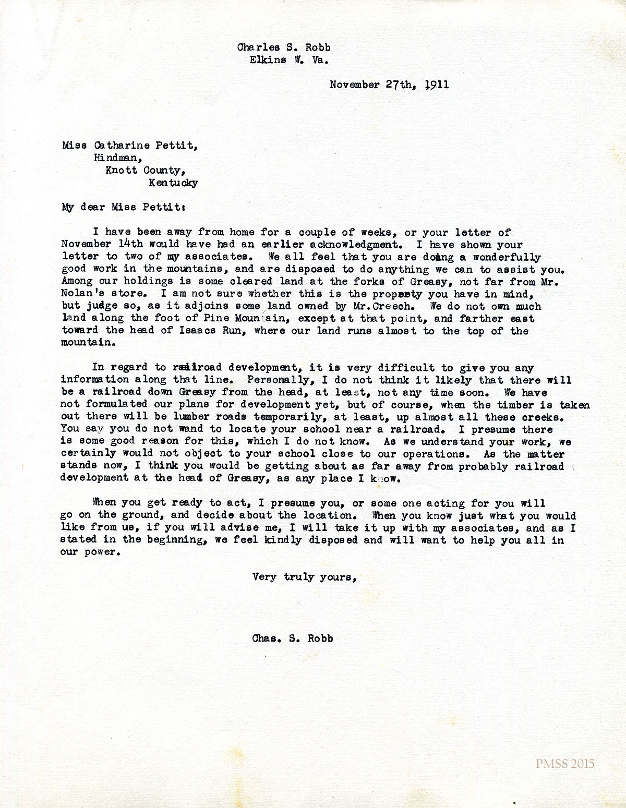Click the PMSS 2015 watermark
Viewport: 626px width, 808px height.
point(565,764)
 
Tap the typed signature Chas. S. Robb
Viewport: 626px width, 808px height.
point(291,638)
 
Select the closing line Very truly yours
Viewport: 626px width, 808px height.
point(304,577)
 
